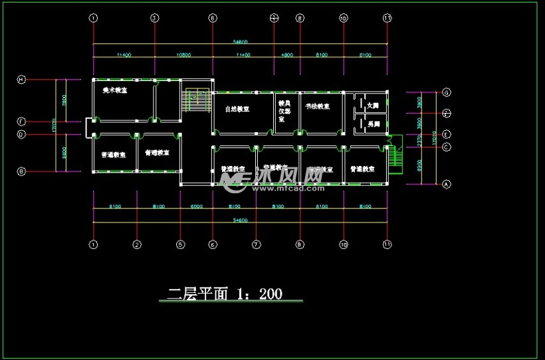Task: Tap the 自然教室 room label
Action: tap(237, 108)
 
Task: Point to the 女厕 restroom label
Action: tap(373, 105)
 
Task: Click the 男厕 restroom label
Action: tap(373, 124)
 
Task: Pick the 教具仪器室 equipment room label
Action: tap(285, 112)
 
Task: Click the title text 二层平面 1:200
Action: tap(225, 293)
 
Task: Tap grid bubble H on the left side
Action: tap(21, 80)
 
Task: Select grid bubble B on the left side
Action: tap(21, 171)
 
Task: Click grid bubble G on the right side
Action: tap(447, 92)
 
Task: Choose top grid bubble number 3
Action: tap(154, 19)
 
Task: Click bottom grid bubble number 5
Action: tap(180, 244)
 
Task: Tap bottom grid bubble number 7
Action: tap(256, 244)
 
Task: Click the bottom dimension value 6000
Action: tap(196, 207)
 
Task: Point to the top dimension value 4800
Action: tap(287, 54)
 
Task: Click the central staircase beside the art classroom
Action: tap(197, 100)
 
